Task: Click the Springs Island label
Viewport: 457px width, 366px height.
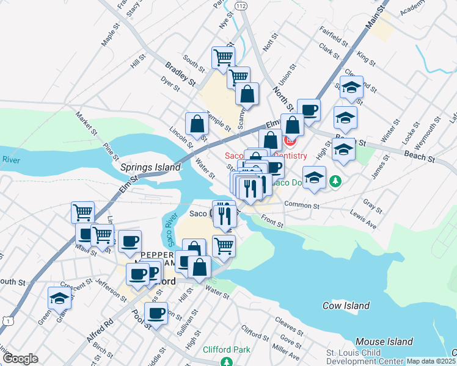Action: point(150,167)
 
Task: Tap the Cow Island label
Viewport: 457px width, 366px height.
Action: point(346,306)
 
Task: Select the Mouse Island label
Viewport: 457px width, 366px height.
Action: point(384,342)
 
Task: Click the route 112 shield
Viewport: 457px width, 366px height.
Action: point(240,5)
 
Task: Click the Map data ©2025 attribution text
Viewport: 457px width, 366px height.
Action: point(431,361)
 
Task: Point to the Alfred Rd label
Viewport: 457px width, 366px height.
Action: point(100,330)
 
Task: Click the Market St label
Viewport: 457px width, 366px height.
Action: point(87,123)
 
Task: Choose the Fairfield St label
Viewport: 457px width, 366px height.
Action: point(334,36)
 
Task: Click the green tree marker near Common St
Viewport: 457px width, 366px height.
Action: point(335,182)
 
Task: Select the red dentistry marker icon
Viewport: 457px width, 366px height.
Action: point(290,143)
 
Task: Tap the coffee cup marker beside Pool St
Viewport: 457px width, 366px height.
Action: point(156,314)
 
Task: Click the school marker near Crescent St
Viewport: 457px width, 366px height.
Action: point(59,298)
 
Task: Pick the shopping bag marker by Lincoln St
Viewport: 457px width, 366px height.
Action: point(197,123)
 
